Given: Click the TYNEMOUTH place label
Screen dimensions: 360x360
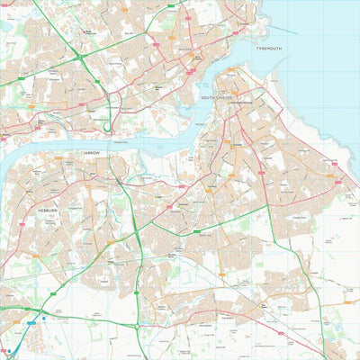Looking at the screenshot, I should click(x=269, y=47).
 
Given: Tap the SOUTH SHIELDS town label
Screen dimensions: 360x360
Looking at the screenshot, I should click(x=217, y=96).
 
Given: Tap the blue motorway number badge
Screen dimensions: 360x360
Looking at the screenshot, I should click(x=31, y=322).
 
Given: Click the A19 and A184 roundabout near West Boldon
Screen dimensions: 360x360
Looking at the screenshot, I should click(x=138, y=325).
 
